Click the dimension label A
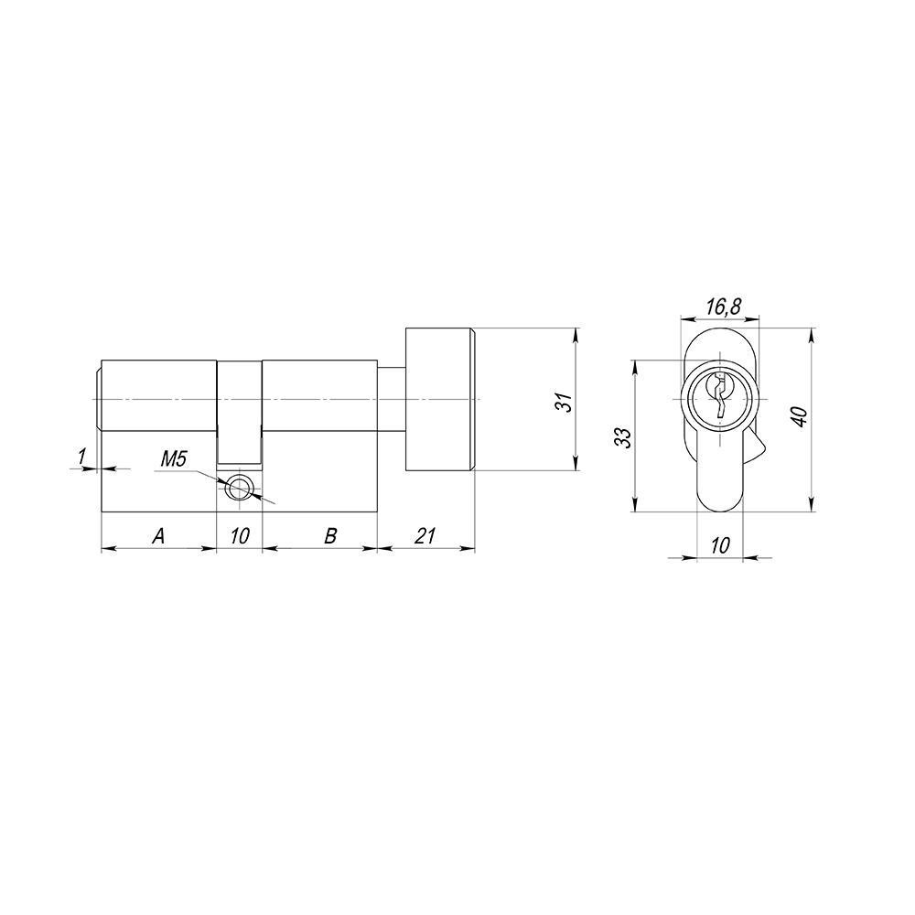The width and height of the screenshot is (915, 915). click(x=158, y=536)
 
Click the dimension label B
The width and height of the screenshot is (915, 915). click(x=330, y=536)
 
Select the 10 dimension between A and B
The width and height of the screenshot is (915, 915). click(x=240, y=536)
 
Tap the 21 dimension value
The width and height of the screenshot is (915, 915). click(x=425, y=536)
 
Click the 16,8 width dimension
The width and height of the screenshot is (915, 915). click(x=724, y=307)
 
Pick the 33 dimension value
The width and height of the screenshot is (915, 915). click(x=622, y=436)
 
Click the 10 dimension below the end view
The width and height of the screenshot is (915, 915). click(x=720, y=545)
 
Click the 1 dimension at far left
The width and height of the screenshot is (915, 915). click(x=82, y=455)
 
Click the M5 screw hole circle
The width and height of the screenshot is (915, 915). click(x=240, y=488)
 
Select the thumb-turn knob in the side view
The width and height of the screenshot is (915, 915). click(x=440, y=400)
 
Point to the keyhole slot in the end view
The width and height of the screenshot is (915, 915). click(x=720, y=395)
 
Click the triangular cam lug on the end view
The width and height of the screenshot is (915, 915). click(x=757, y=448)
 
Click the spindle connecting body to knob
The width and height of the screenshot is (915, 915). click(x=392, y=400)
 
